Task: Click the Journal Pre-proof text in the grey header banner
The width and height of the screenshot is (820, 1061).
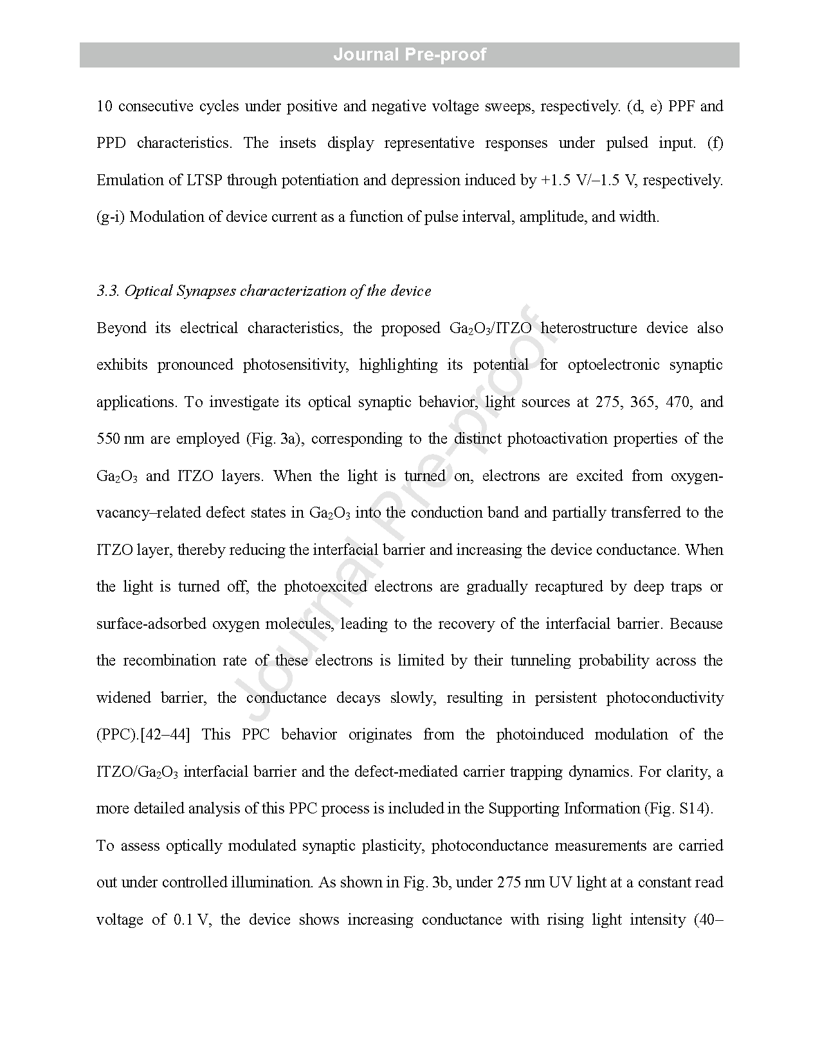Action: click(410, 55)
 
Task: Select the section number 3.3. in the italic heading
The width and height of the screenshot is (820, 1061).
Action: click(108, 291)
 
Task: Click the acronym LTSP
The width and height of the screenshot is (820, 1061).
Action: click(205, 180)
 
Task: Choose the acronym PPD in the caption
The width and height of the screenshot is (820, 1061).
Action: click(111, 143)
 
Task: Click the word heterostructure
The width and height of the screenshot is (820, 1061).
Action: click(588, 329)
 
